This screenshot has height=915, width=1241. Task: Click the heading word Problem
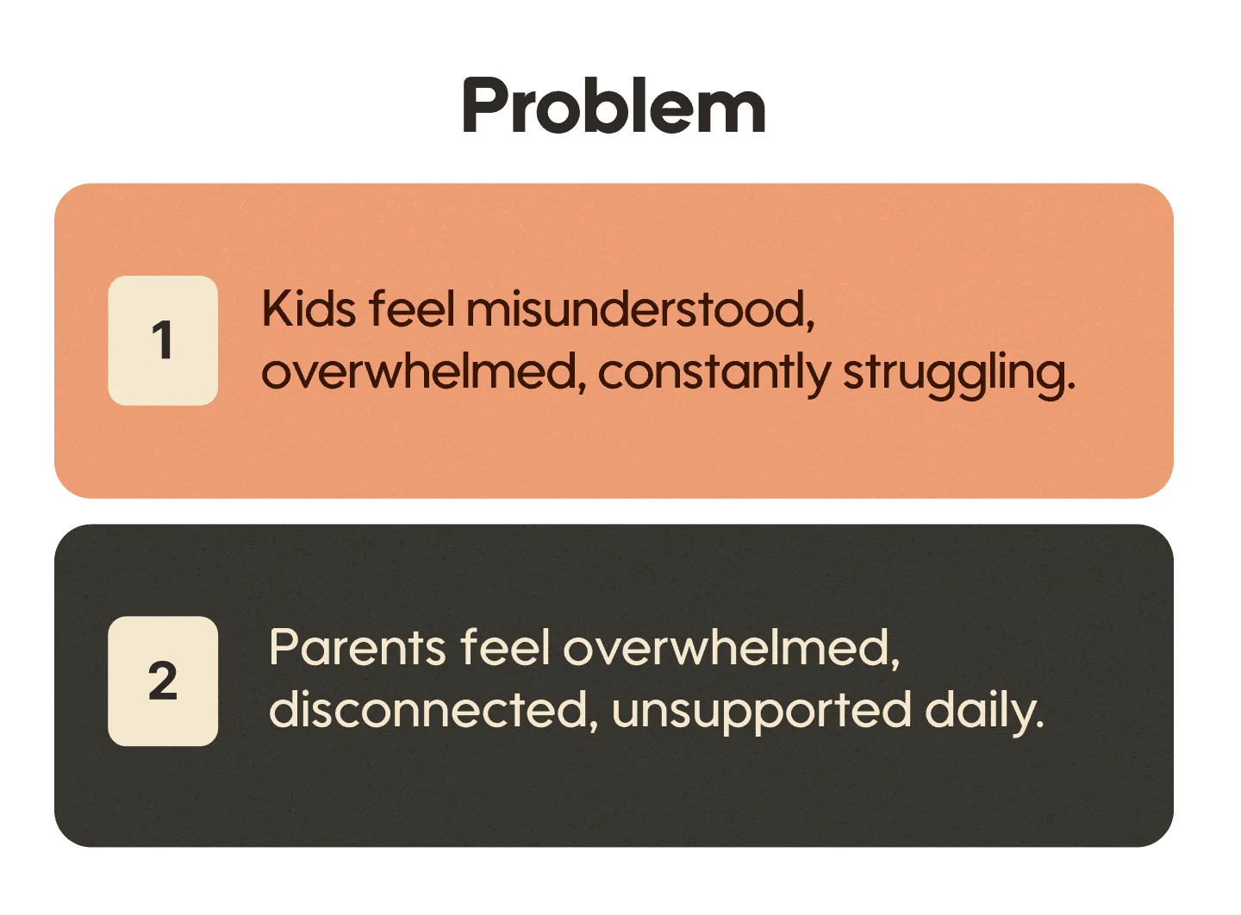pyautogui.click(x=614, y=107)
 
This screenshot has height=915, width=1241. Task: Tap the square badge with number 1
pyautogui.click(x=163, y=340)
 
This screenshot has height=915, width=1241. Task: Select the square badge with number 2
pyautogui.click(x=163, y=681)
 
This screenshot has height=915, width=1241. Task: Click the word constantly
pyautogui.click(x=714, y=372)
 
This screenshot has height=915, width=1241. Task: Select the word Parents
pyautogui.click(x=358, y=648)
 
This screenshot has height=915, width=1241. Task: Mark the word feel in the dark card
pyautogui.click(x=505, y=648)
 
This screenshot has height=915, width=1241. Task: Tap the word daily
pyautogui.click(x=983, y=712)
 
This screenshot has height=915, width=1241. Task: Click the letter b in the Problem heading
pyautogui.click(x=619, y=107)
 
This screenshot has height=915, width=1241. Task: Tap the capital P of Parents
pyautogui.click(x=284, y=648)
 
